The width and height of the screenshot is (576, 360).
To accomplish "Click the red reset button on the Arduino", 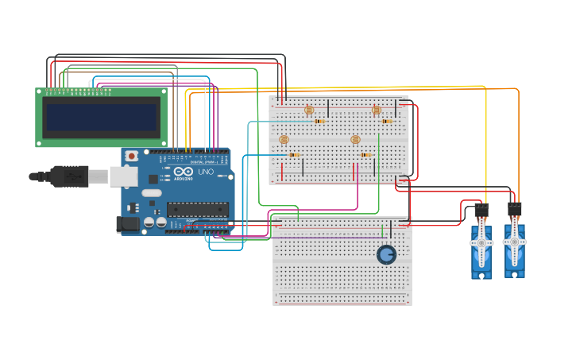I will point(131,157).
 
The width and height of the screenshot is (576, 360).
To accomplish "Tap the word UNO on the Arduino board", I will point(206,172).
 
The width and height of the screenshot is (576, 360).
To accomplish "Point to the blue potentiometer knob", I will point(386,254).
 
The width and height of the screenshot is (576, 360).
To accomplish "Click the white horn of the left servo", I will point(481,243).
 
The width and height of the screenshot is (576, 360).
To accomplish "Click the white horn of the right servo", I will point(514,241).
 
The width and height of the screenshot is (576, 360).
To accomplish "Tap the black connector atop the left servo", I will point(481,211).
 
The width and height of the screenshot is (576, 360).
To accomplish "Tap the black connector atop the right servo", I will point(514,209).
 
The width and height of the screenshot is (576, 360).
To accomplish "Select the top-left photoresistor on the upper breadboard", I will point(309,110).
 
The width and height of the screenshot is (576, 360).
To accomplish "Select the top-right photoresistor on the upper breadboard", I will point(377,110).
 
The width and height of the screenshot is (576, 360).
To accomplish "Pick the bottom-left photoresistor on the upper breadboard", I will point(284,140).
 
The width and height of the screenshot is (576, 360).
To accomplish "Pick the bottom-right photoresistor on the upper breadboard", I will point(355,140).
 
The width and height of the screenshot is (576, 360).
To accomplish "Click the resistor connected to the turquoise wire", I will point(319,122).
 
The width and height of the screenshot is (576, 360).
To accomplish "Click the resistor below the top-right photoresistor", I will point(387,122).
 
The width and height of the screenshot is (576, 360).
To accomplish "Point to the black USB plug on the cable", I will point(70,176).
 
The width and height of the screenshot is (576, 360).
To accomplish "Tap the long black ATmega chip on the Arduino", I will point(197,210).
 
